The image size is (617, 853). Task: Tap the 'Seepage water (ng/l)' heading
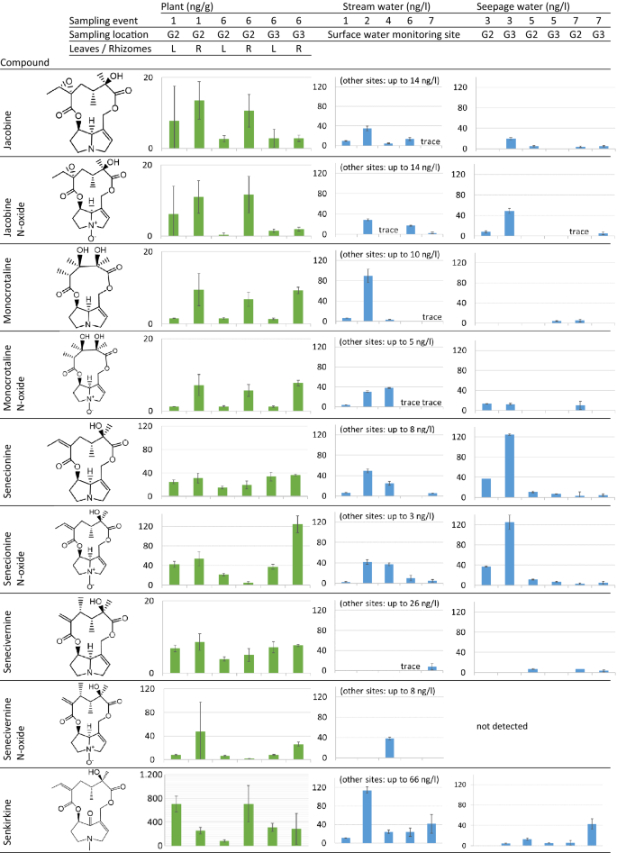pos(534,7)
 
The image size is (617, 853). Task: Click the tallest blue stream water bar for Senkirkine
pos(367,817)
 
